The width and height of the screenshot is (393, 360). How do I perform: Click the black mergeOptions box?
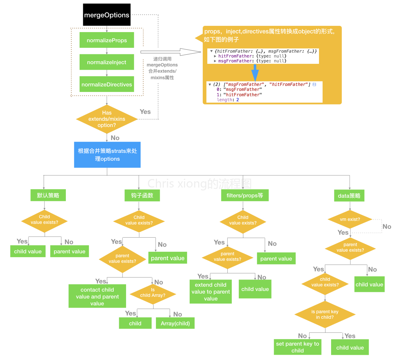click(x=106, y=15)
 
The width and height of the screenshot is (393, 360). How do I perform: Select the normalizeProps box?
click(x=107, y=40)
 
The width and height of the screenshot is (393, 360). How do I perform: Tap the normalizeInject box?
click(x=107, y=62)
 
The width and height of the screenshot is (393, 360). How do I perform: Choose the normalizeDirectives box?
click(x=107, y=84)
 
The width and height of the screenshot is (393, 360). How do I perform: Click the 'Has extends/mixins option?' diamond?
click(x=107, y=119)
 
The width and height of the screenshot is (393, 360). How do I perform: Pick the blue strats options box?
click(x=107, y=155)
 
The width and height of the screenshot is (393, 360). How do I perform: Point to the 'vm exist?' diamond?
click(x=350, y=219)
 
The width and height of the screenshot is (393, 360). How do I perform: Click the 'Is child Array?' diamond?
click(x=153, y=293)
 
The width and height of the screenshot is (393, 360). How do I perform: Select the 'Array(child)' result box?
click(x=175, y=323)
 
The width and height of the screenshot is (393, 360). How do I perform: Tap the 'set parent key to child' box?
click(x=297, y=347)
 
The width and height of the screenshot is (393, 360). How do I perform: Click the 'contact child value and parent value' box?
click(x=97, y=296)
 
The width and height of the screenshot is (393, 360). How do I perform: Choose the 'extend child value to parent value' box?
click(x=211, y=292)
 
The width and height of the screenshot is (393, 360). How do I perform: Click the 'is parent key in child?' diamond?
click(x=325, y=315)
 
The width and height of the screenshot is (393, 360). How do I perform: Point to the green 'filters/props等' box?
click(x=245, y=195)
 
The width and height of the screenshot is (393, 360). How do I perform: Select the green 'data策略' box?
click(x=349, y=196)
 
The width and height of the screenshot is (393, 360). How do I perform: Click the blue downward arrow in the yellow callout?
click(x=255, y=72)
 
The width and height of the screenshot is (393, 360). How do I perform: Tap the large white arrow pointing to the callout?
click(x=170, y=52)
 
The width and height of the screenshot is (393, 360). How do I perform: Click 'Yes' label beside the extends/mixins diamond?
click(x=145, y=112)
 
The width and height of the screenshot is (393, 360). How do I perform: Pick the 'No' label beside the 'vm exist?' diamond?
click(x=387, y=226)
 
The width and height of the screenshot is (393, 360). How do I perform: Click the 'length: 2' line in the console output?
click(x=228, y=100)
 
